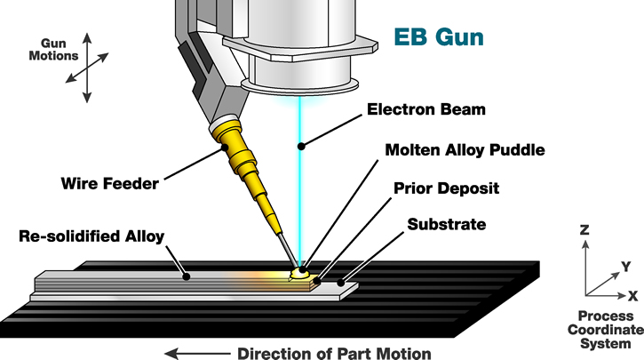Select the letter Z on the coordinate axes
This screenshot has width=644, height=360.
coord(583,230)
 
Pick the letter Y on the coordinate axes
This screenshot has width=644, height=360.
coord(625,265)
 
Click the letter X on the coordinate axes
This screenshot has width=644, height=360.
coord(632,294)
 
